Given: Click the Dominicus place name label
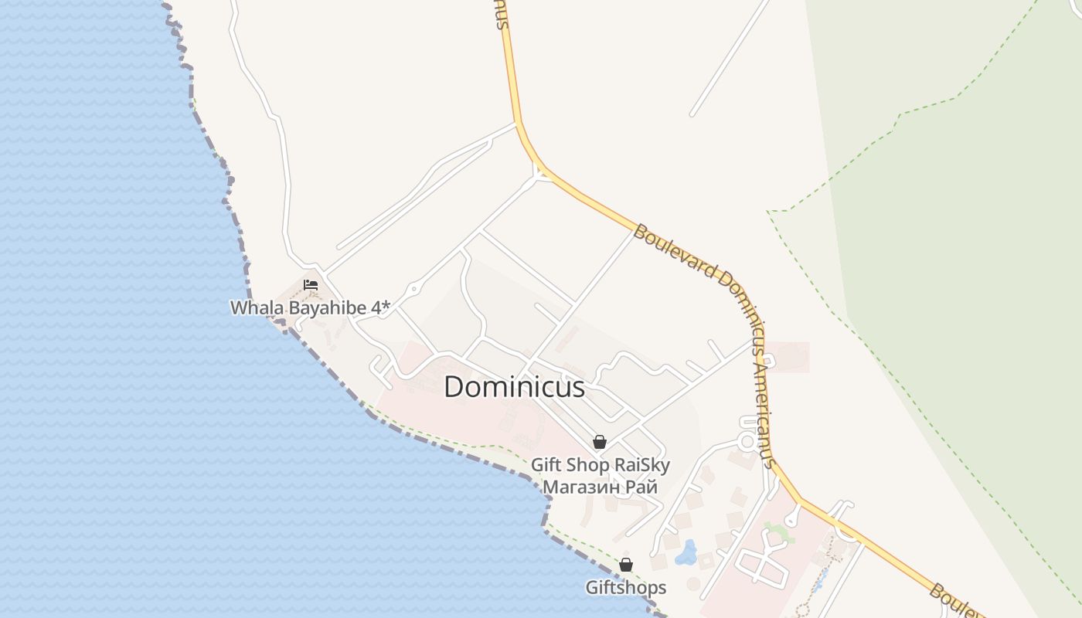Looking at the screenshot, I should pyautogui.click(x=514, y=387).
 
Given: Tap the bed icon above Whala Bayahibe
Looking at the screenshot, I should pyautogui.click(x=311, y=284).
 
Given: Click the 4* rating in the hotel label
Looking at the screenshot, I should pyautogui.click(x=381, y=307).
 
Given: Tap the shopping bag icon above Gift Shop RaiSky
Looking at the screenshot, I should pyautogui.click(x=599, y=442).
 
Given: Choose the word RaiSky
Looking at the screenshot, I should pyautogui.click(x=641, y=465).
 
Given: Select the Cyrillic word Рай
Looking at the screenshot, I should pyautogui.click(x=641, y=487).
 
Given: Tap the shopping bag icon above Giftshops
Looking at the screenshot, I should pyautogui.click(x=626, y=565).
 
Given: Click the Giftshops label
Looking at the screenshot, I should pyautogui.click(x=626, y=588).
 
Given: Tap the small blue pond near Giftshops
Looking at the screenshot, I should pyautogui.click(x=686, y=552).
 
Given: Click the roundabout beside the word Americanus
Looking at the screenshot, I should pyautogui.click(x=747, y=441).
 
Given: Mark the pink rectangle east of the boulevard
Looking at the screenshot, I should pyautogui.click(x=788, y=357).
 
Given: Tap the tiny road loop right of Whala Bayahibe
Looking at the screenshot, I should pyautogui.click(x=413, y=290).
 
